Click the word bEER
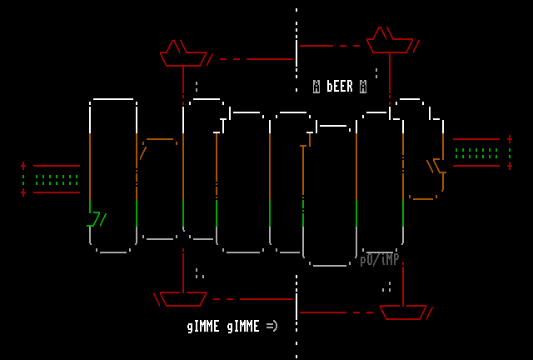pyautogui.click(x=340, y=87)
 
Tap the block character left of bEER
pyautogui.click(x=316, y=87)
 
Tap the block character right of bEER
pyautogui.click(x=363, y=87)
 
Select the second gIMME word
pyautogui.click(x=243, y=327)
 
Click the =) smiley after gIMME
pyautogui.click(x=272, y=326)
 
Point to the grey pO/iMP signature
pyautogui.click(x=379, y=260)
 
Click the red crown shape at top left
pyautogui.click(x=183, y=54)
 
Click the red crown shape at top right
pyautogui.click(x=390, y=41)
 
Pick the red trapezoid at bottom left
pyautogui.click(x=183, y=298)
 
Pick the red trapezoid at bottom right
pyautogui.click(x=403, y=312)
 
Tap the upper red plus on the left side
pyautogui.click(x=23, y=166)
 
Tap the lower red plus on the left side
pyautogui.click(x=23, y=192)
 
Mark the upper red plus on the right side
pyautogui.click(x=510, y=139)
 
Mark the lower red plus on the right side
pyautogui.click(x=510, y=166)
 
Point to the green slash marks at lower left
pyautogui.click(x=97, y=220)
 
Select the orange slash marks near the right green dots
pyautogui.click(x=436, y=166)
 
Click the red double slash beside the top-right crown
pyautogui.click(x=416, y=47)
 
